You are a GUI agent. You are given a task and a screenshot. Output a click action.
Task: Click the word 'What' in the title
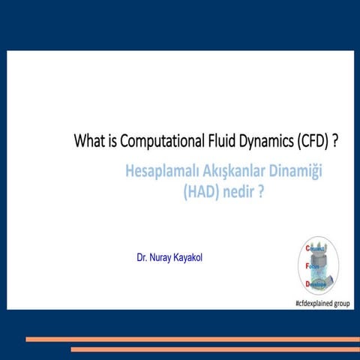pyautogui.click(x=87, y=140)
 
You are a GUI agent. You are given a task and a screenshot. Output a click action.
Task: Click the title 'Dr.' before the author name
pyautogui.click(x=142, y=258)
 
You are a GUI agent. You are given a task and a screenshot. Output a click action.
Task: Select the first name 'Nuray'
pyautogui.click(x=160, y=258)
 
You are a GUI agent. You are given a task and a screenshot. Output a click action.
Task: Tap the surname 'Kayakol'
pyautogui.click(x=188, y=258)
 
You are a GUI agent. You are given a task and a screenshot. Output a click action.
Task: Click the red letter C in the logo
pyautogui.click(x=307, y=247)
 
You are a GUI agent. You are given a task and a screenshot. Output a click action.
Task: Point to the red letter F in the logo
pyautogui.click(x=307, y=265)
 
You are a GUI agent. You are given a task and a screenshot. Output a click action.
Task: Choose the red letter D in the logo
pyautogui.click(x=307, y=284)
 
